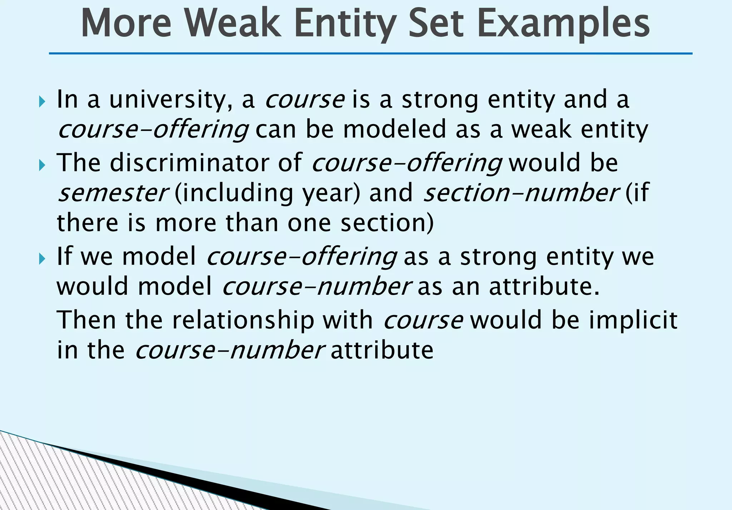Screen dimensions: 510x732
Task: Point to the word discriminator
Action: point(189,163)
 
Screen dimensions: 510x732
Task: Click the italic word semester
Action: point(112,193)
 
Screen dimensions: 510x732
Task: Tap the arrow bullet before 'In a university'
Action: point(42,102)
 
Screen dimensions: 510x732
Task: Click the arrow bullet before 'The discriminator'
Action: point(42,165)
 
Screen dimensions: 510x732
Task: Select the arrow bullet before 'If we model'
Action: point(42,259)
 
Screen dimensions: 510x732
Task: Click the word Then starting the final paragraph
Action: point(86,320)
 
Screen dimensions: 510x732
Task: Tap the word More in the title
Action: point(126,24)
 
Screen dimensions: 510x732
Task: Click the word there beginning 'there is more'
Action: point(87,223)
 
